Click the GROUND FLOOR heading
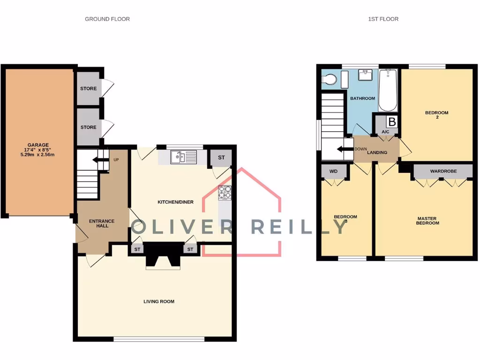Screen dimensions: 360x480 click(x=107, y=19)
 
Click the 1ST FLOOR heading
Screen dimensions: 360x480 click(x=383, y=19)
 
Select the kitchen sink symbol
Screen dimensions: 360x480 click(x=180, y=157)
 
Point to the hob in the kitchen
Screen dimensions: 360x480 click(x=225, y=192)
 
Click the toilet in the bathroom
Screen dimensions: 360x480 click(x=330, y=80)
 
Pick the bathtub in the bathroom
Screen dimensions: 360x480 click(x=388, y=90)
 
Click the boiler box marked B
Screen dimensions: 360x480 click(x=392, y=122)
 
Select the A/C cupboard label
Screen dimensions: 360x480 click(x=385, y=132)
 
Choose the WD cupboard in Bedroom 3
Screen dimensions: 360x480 click(x=333, y=172)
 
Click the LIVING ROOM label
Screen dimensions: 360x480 click(x=159, y=301)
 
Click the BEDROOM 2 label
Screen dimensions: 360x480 click(x=436, y=115)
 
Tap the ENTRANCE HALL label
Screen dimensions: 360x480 click(x=102, y=223)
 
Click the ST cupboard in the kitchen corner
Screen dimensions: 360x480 click(x=221, y=158)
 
